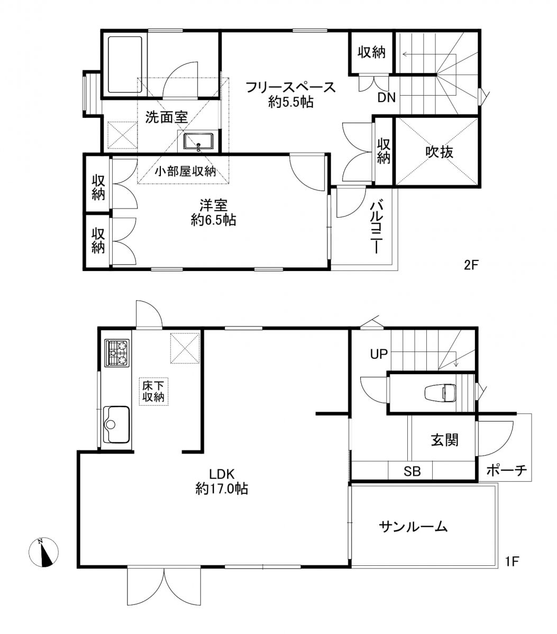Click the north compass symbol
pos(43,552)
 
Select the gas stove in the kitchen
pos(117,353)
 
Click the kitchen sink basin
pos(116,424)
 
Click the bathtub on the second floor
pos(125,65)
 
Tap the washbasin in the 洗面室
pos(198,142)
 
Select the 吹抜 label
pos(439,152)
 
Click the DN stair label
pos(387,98)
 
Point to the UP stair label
pos(379,355)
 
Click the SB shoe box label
pos(412,471)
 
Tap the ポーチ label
pos(507,470)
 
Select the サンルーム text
pos(413,527)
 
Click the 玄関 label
pos(444,440)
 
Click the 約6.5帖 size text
pos(213,220)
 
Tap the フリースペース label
pos(291,87)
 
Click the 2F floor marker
pos(471,265)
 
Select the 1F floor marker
pos(512,562)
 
